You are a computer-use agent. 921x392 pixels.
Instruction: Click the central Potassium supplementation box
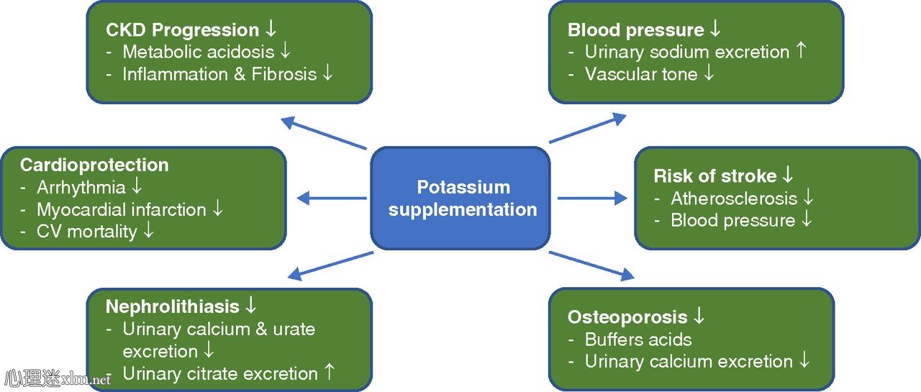coord(462,198)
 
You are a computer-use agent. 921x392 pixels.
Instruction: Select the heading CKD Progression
coord(182,30)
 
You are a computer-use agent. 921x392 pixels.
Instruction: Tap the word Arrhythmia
coord(81,188)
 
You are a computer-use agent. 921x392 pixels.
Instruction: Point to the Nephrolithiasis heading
coord(172,307)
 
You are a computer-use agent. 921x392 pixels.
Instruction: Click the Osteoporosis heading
coord(627,317)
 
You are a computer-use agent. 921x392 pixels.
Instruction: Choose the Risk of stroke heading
coord(714,176)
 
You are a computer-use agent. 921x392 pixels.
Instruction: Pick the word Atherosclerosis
coord(734,199)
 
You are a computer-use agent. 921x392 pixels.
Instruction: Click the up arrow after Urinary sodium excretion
coord(802,52)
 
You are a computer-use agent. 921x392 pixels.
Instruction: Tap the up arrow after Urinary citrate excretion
coord(330,373)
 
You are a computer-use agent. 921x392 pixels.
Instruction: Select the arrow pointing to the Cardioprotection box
coord(331,199)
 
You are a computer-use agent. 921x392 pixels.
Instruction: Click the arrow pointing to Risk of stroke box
coord(591,199)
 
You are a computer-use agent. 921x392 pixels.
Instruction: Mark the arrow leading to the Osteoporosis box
coord(591,264)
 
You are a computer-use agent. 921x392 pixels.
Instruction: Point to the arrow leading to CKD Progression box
coord(323,133)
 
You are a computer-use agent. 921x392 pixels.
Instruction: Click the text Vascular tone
coord(641,74)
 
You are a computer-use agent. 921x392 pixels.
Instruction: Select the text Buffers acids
coord(638,339)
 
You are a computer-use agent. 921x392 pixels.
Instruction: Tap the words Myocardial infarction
coord(122,210)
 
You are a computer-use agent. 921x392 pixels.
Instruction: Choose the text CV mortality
coord(87,232)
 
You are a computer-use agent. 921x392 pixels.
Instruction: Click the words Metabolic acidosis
coord(199,52)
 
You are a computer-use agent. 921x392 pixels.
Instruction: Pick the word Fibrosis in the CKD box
coord(283,74)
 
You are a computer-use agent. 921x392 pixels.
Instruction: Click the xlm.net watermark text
coord(86,379)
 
